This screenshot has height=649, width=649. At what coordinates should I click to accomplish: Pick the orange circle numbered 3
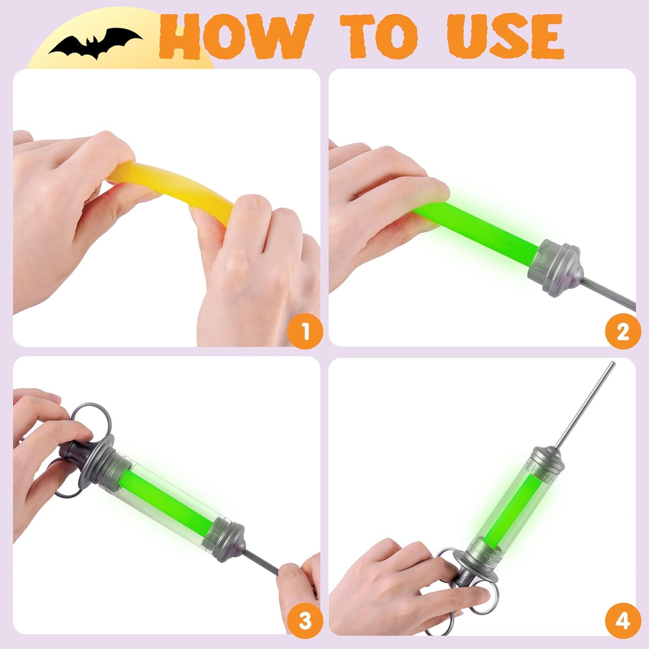[305, 620]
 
